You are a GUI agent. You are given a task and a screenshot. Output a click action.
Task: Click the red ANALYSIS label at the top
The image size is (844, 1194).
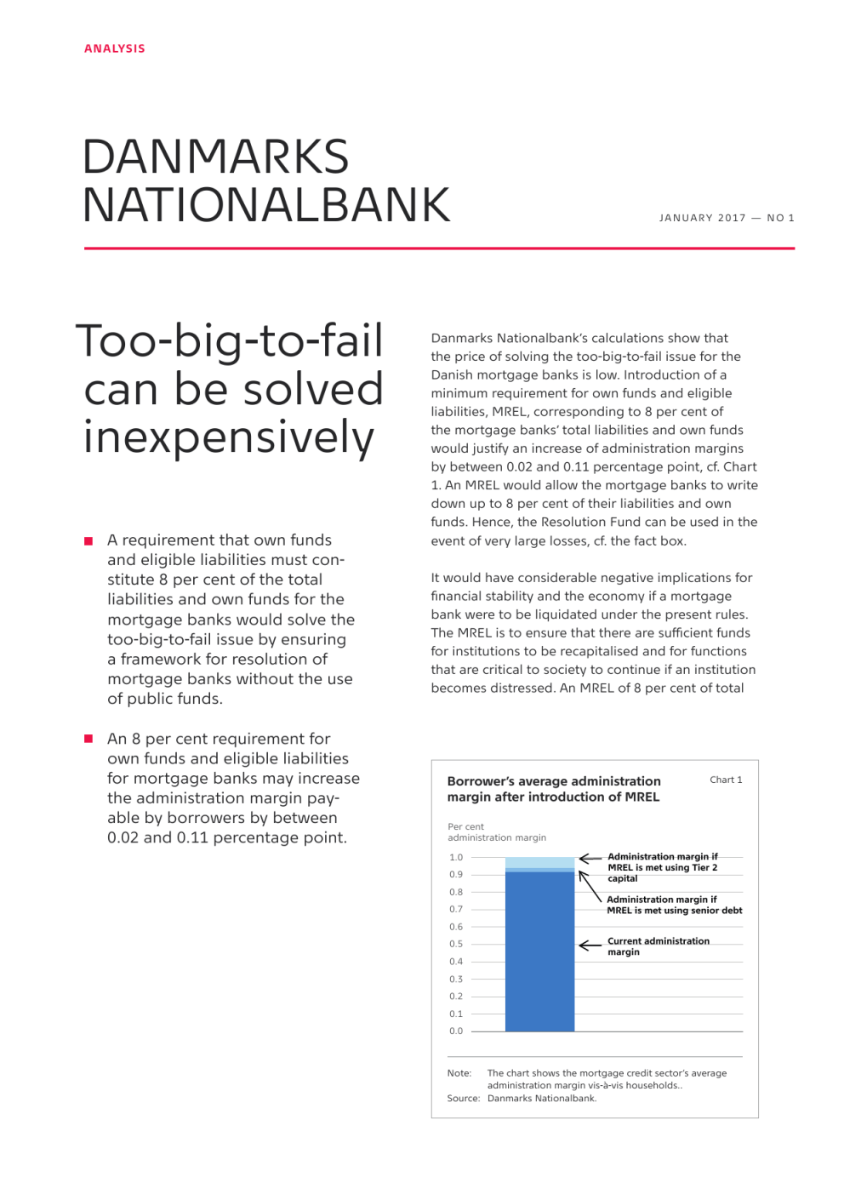[115, 49]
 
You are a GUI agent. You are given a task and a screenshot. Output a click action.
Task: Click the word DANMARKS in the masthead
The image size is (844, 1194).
[215, 157]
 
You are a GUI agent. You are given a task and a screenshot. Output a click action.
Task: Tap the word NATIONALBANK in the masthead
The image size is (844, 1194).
[266, 206]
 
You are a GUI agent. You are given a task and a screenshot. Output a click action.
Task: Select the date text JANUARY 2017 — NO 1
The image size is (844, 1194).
[727, 218]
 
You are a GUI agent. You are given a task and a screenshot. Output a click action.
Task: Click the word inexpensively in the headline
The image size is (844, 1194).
[229, 437]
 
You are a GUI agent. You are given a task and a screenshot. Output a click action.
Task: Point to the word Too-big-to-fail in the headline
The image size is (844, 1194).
[230, 341]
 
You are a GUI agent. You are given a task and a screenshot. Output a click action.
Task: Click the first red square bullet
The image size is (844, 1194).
[88, 541]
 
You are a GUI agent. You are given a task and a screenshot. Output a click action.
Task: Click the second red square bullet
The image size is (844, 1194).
[88, 739]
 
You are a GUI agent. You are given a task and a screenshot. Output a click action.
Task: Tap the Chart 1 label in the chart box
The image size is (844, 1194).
[726, 780]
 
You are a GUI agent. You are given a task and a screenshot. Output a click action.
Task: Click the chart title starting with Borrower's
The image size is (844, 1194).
[553, 789]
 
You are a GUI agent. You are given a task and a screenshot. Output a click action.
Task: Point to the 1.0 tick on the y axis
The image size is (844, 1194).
[456, 857]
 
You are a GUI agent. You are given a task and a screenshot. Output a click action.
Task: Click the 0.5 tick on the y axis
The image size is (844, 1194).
[456, 944]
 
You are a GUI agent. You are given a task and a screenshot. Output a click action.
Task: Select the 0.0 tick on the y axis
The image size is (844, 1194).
[456, 1031]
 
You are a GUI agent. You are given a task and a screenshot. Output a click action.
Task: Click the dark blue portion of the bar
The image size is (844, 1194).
[539, 953]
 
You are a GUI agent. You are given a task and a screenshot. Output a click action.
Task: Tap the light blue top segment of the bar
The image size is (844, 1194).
[539, 862]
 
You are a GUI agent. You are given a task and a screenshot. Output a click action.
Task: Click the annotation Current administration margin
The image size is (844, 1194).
[658, 946]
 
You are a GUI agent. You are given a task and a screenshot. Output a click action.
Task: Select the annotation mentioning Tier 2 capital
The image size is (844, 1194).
[662, 867]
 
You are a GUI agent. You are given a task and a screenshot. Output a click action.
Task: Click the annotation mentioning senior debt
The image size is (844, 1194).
[674, 905]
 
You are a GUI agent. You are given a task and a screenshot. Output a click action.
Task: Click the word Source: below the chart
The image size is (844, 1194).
[464, 1098]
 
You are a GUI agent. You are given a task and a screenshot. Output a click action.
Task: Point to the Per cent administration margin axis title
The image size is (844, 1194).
[497, 832]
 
